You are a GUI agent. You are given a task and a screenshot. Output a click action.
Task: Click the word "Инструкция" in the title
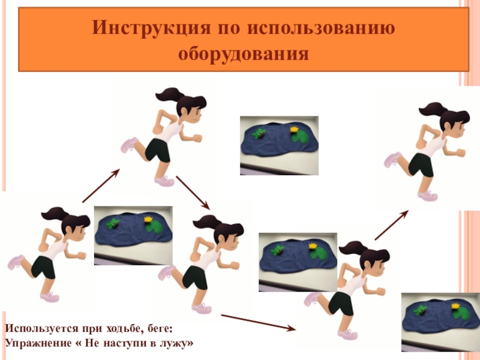click(151, 28)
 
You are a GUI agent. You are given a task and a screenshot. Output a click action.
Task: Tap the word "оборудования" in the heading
click(244, 54)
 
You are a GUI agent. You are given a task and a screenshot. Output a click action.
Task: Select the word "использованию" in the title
click(321, 27)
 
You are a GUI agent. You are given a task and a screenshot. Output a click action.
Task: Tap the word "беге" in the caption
click(159, 329)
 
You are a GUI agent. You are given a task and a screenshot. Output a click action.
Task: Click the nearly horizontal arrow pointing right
click(259, 322)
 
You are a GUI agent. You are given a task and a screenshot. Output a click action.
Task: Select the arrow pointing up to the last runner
click(392, 225)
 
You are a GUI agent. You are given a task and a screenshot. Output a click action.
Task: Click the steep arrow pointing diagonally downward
click(193, 193)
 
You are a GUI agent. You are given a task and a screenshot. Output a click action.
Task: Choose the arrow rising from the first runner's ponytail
click(101, 185)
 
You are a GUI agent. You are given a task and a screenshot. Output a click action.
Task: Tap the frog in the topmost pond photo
click(259, 133)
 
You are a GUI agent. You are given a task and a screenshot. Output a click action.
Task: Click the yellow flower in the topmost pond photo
click(294, 129)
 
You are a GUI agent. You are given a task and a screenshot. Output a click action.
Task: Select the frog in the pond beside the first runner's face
click(113, 223)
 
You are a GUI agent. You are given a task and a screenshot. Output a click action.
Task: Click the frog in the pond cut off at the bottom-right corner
click(420, 310)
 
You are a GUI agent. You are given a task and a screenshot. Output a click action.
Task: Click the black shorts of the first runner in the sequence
click(44, 267)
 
